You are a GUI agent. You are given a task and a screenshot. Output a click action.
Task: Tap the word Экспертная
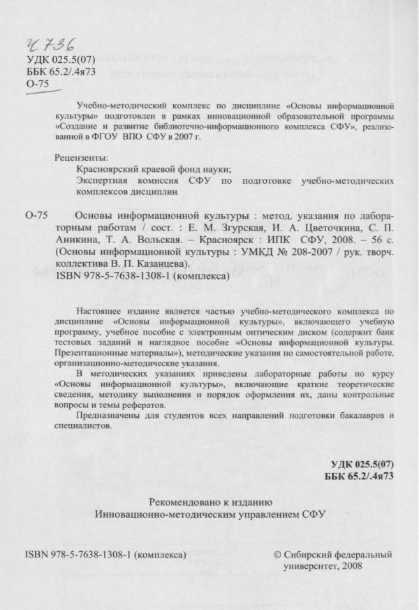pos(98,180)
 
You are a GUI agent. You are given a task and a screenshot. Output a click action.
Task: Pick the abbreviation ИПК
pos(270,240)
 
